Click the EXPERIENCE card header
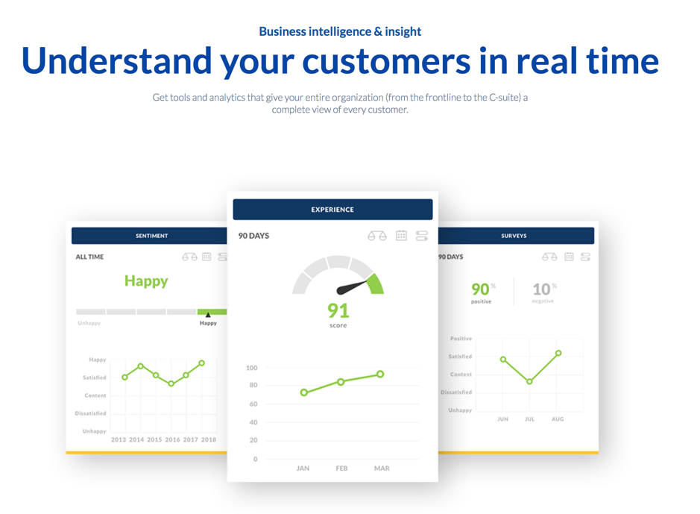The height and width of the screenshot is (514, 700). (x=332, y=210)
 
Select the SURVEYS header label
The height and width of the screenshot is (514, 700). (x=514, y=236)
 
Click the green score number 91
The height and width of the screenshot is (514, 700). (x=338, y=310)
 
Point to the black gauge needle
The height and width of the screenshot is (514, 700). (x=352, y=286)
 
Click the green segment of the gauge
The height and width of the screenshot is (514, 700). (x=376, y=284)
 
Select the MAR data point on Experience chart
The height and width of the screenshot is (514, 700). (x=380, y=374)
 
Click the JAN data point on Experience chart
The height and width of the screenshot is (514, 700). (x=304, y=392)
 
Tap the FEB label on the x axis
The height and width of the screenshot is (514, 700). (x=341, y=468)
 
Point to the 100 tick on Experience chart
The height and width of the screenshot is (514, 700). (x=252, y=368)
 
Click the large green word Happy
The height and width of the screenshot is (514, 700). (x=146, y=281)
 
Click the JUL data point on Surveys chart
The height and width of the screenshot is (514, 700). (x=529, y=381)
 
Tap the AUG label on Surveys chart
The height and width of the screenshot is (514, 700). (x=558, y=419)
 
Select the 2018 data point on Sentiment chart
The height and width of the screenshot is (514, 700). (x=202, y=363)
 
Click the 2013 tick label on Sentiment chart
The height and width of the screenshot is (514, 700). (x=119, y=440)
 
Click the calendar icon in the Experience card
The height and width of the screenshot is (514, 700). (x=401, y=235)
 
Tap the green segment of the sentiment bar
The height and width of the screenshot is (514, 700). (x=212, y=312)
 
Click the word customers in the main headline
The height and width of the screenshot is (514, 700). (x=386, y=61)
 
